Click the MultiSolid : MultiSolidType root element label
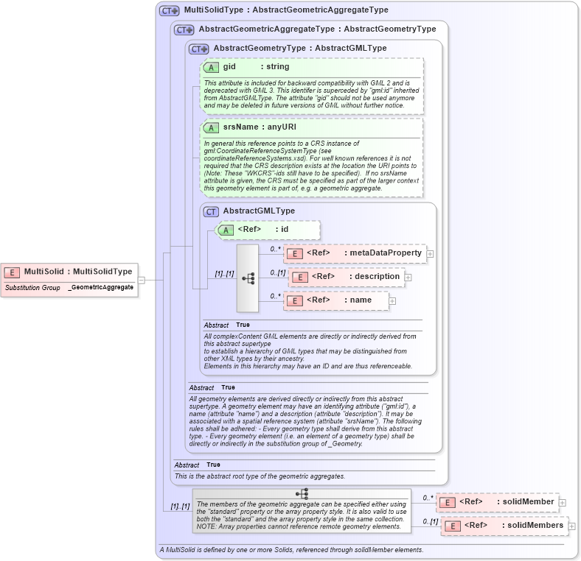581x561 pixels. point(78,272)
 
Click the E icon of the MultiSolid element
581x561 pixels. point(13,272)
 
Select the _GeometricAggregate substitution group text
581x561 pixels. point(101,287)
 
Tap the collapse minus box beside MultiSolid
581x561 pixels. point(141,279)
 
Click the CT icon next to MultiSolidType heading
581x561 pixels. point(170,11)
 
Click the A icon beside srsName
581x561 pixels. point(211,127)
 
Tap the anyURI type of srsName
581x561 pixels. point(282,127)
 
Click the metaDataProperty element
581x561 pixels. point(354,253)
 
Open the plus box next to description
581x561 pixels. point(408,278)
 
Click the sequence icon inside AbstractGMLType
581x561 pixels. point(248,278)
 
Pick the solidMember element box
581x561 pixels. point(498,502)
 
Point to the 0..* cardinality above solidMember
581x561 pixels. point(428,498)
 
